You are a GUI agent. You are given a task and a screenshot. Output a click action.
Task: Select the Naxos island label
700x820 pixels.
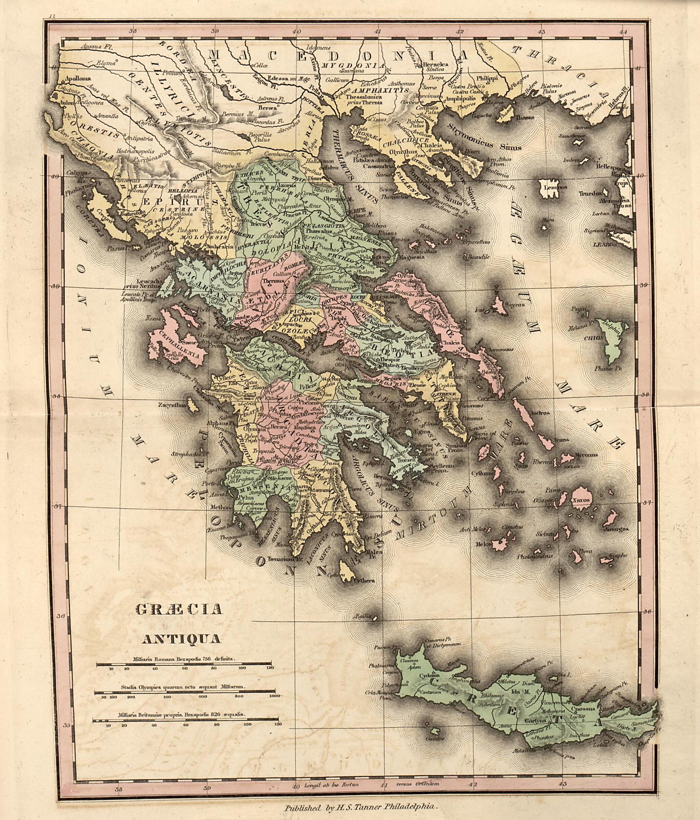point(582,500)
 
